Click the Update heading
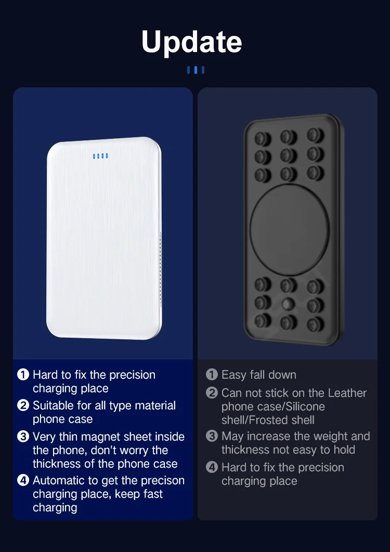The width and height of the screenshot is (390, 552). click(192, 42)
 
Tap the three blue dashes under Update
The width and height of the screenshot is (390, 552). click(196, 70)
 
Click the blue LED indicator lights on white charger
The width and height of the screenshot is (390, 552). click(100, 156)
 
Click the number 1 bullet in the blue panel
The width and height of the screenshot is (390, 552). click(23, 375)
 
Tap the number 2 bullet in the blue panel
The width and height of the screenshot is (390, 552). click(23, 405)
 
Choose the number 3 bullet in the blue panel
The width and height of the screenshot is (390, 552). click(23, 437)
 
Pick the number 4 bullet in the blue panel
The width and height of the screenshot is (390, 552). click(23, 480)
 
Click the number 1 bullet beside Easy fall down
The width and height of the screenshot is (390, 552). click(212, 375)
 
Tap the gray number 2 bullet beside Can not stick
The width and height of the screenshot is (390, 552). click(212, 393)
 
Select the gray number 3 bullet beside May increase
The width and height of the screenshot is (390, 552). click(212, 436)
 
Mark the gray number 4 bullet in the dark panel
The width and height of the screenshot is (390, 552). click(212, 467)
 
